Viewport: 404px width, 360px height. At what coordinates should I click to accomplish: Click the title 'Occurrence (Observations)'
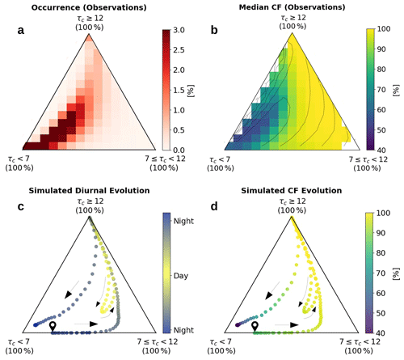[89, 7]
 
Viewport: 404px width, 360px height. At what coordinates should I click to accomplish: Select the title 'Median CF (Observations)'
[292, 7]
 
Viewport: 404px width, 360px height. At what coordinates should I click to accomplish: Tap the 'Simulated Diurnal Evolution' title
[89, 190]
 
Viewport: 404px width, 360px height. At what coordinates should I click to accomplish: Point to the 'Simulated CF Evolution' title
[292, 190]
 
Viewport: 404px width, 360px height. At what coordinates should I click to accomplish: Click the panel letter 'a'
[21, 31]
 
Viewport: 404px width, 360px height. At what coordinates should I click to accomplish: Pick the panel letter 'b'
[214, 30]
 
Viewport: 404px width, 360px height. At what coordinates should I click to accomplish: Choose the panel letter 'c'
[21, 206]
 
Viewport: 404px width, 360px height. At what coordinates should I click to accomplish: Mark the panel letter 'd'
[214, 206]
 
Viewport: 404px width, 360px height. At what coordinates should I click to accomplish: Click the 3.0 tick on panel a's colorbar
[179, 30]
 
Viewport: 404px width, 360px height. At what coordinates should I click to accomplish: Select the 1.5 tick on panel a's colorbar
[179, 90]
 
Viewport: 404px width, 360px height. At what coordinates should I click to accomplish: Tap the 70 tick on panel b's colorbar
[381, 89]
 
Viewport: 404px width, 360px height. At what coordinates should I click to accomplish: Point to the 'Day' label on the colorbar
[181, 276]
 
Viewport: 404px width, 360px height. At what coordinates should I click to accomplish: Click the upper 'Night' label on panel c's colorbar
[183, 221]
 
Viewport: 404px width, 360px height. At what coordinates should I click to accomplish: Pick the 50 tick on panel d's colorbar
[381, 313]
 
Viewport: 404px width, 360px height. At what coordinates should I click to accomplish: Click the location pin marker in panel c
[53, 326]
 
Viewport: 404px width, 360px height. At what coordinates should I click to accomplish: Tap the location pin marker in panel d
[255, 326]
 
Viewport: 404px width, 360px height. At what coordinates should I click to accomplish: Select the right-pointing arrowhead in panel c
[94, 324]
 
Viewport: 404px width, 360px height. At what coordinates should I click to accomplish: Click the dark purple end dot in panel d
[238, 325]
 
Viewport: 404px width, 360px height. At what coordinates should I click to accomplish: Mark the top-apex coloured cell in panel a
[89, 38]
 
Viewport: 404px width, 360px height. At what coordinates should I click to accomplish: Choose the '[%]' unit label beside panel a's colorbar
[191, 91]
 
